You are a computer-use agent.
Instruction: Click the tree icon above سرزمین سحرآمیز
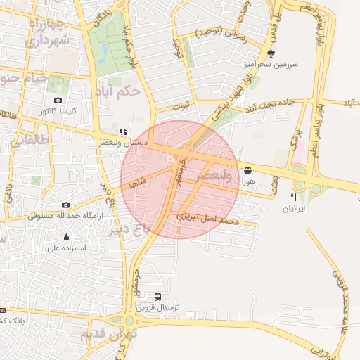(271, 53)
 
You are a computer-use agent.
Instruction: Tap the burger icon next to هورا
(247, 171)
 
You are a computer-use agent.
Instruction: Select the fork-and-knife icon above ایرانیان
(293, 198)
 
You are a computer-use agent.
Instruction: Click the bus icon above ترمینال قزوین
(157, 297)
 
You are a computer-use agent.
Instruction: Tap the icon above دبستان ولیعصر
(123, 131)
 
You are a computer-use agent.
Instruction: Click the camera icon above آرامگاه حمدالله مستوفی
(66, 205)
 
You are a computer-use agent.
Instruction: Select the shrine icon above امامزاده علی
(66, 237)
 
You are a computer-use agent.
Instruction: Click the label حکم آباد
(121, 91)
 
